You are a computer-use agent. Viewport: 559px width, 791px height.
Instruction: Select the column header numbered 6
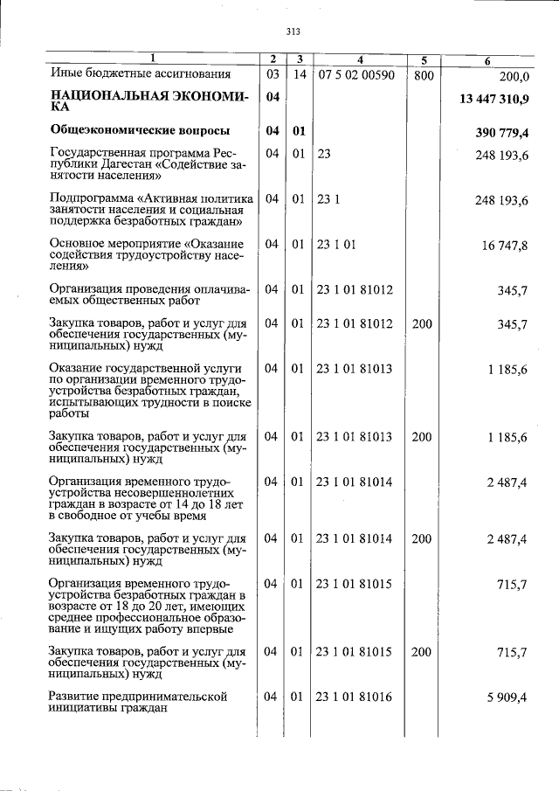[x=487, y=59]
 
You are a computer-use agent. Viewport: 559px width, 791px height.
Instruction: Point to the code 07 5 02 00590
[x=356, y=75]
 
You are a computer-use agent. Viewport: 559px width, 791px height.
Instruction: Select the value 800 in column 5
[x=423, y=75]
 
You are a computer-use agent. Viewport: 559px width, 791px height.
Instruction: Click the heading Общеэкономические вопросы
[x=140, y=132]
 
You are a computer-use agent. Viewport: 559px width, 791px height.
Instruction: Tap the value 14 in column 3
[x=299, y=75]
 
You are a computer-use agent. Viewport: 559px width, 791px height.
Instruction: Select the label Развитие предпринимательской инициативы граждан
[x=138, y=704]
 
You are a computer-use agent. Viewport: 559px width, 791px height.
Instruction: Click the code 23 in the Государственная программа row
[x=324, y=154]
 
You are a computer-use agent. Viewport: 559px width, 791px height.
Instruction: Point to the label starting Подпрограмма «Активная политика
[x=151, y=212]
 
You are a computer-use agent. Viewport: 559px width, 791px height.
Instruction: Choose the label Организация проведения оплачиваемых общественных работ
[x=149, y=295]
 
